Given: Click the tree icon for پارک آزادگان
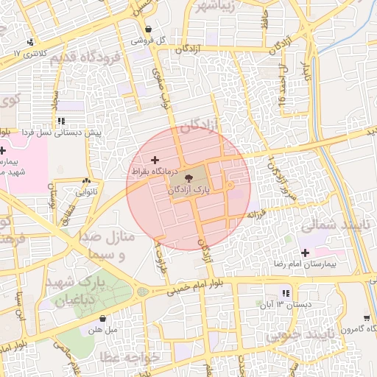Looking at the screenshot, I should point(188,177).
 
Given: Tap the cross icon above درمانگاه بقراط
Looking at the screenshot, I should point(154,160).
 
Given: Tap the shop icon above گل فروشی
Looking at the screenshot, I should point(149,29).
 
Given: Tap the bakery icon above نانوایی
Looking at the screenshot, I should point(88,180).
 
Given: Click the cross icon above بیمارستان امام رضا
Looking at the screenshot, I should point(305,253).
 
